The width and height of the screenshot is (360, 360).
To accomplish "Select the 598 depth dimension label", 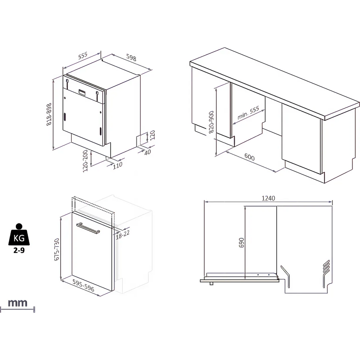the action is [131, 57].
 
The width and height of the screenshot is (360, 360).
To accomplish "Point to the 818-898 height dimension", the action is [49, 114].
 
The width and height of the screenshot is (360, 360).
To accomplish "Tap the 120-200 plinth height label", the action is [85, 161].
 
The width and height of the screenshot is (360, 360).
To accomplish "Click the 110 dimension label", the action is [118, 165].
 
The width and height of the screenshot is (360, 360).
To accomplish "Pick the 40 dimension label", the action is [148, 152].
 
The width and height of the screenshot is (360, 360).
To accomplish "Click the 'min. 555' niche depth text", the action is [248, 113].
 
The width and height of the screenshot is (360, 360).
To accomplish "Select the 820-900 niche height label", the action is [211, 122].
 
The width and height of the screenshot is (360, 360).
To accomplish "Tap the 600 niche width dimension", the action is [250, 157].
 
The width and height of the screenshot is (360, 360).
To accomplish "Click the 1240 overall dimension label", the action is [268, 198].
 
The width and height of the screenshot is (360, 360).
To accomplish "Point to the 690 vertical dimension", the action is [241, 243].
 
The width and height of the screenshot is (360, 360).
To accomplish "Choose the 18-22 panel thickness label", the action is [123, 234].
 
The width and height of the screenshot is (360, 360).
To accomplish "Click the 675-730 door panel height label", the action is [57, 249].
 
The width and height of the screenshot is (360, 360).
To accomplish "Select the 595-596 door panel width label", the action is [83, 285].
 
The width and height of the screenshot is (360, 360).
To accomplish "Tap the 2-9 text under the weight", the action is [19, 250].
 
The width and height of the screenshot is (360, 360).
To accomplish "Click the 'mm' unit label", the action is [18, 303].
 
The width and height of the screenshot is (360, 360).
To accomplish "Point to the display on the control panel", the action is [83, 92].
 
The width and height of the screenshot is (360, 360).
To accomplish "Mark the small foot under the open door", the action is [211, 283].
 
